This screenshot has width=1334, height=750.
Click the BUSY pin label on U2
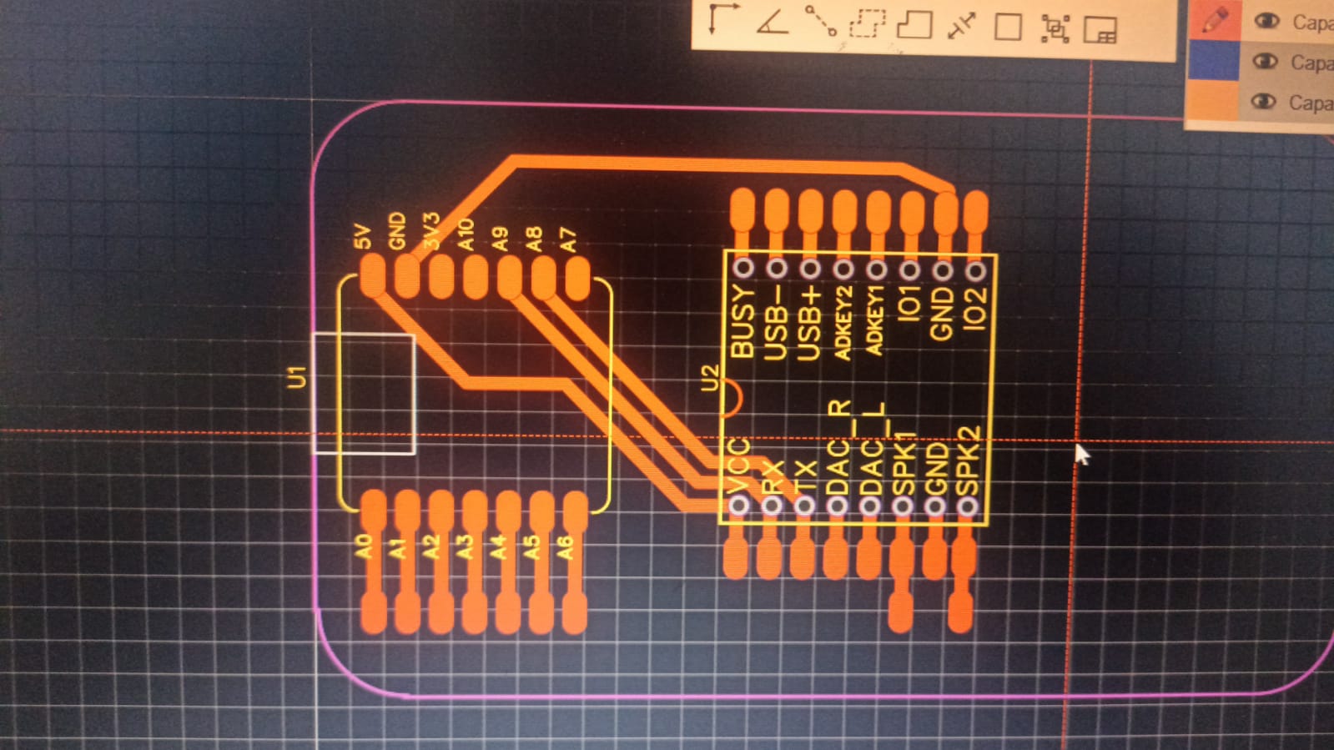pos(742,322)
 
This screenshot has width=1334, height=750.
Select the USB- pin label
pos(775,322)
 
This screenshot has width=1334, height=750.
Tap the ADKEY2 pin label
pos(843,322)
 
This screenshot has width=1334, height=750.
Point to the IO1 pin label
pos(909,302)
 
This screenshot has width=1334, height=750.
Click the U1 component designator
pos(296,377)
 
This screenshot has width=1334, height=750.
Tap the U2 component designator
pos(709,377)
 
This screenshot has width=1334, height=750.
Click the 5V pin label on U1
pos(362,236)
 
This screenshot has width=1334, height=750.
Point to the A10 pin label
pos(466,234)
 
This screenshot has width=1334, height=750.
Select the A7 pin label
pos(568,239)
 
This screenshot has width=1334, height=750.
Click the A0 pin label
pos(363,546)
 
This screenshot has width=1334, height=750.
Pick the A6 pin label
pos(566,547)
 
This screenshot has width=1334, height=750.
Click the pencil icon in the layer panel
pos(1215,20)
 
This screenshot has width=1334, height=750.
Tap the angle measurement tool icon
pos(773,22)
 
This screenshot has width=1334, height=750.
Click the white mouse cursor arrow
pos(1082,455)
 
